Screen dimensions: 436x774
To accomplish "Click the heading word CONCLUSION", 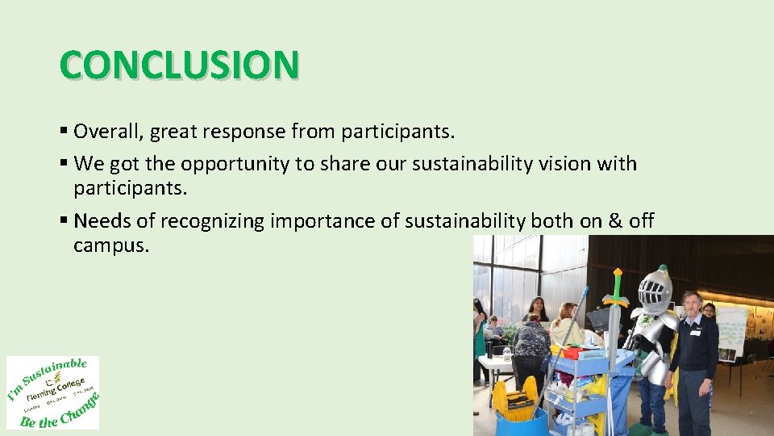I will (179, 65).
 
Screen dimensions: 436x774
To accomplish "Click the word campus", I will (111, 245).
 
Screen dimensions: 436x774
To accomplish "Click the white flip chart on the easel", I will (731, 331).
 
